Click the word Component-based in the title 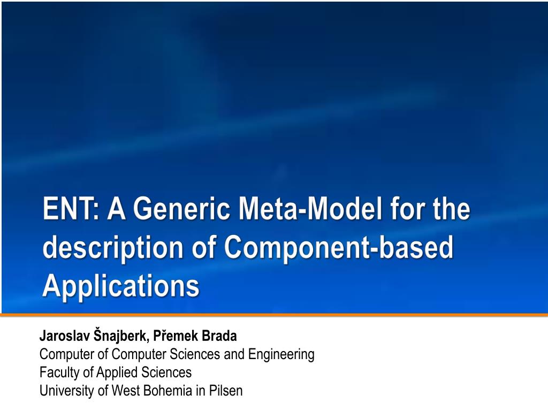338,248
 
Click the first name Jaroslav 65,336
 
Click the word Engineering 281,355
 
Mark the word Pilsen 226,391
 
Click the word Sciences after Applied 167,372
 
